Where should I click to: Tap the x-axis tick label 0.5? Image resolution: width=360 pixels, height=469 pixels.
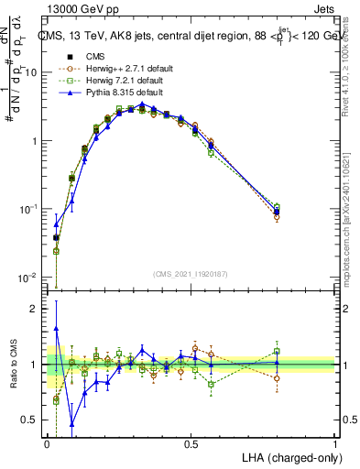click(191, 444)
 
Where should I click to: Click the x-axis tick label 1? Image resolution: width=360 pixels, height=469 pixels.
click(335, 444)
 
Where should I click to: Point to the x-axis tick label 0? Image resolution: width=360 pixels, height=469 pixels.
click(47, 444)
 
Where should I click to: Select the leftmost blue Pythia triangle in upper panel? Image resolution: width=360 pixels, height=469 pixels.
click(57, 223)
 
